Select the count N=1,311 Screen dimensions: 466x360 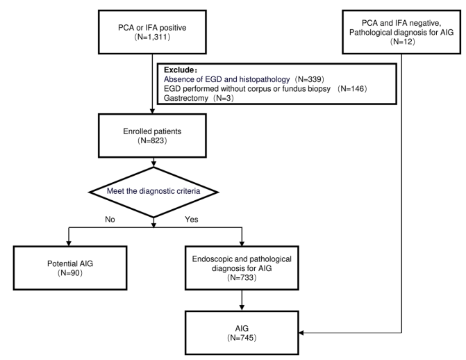[152, 38]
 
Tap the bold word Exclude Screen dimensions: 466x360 [178, 70]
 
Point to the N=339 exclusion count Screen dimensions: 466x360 [309, 79]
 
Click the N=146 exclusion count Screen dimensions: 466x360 [352, 89]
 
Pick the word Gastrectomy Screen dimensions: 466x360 [185, 98]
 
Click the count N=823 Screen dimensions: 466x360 [152, 140]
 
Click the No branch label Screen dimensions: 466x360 [110, 220]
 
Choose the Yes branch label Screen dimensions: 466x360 [192, 220]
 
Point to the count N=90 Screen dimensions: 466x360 [70, 273]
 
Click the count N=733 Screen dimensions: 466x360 [242, 277]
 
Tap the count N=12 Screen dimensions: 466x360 [402, 42]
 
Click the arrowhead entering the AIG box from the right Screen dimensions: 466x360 [301, 333]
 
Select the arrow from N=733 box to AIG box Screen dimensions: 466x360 [242, 300]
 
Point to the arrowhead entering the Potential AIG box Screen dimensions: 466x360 [69, 243]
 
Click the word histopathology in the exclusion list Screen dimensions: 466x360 [264, 79]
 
